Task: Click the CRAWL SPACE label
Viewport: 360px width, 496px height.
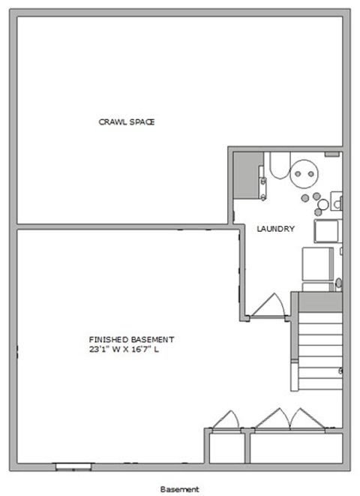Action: click(127, 122)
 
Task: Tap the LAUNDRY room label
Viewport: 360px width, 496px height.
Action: click(275, 230)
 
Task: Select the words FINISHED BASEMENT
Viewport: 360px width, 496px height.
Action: click(131, 338)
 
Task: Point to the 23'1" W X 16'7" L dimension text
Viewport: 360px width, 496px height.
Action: click(124, 349)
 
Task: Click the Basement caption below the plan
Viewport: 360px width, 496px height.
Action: click(180, 488)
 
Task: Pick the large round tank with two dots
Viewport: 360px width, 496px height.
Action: click(305, 173)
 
